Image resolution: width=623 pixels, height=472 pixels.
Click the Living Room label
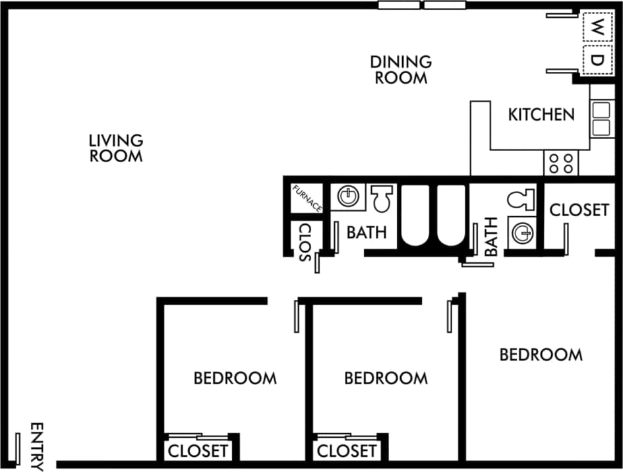[x=116, y=148]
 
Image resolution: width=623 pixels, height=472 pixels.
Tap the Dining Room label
[x=401, y=70]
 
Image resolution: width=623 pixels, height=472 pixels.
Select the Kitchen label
[x=541, y=115]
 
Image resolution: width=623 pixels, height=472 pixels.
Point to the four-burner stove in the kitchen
[x=560, y=162]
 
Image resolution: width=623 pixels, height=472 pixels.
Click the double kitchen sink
[x=600, y=118]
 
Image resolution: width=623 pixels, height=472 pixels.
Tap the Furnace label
[x=307, y=198]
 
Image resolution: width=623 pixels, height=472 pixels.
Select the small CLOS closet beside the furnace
[x=305, y=242]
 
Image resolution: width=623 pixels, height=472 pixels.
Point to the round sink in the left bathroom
[x=347, y=196]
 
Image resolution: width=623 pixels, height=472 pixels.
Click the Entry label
[x=37, y=446]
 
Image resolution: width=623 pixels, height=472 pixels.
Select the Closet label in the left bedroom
[x=198, y=452]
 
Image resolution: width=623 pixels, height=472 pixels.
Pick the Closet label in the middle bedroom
[x=347, y=452]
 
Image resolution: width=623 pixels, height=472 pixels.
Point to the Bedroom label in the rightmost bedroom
[x=541, y=355]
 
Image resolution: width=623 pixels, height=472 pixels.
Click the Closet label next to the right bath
[x=579, y=210]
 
